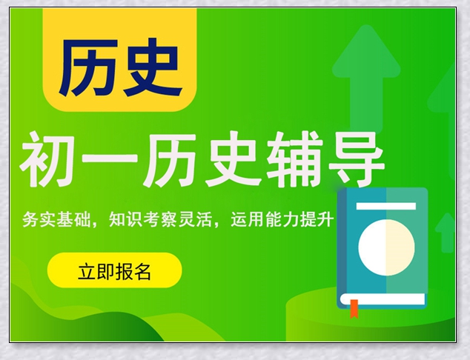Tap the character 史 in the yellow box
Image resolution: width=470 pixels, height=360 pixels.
151,67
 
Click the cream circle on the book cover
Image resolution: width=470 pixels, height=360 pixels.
385,244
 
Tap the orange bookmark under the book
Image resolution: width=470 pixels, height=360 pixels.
354,307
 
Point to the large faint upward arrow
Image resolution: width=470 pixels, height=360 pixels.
365,74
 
